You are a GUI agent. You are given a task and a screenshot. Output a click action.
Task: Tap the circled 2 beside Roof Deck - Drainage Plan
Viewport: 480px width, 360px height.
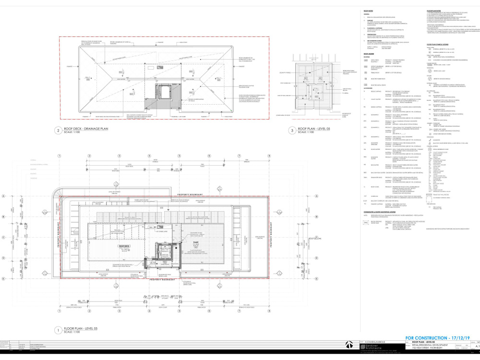coord(57,130)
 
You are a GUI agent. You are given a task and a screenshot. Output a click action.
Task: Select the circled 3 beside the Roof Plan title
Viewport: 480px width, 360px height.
coord(291,130)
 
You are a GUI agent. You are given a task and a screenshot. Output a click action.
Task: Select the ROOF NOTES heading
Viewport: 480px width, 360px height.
coord(368,10)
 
